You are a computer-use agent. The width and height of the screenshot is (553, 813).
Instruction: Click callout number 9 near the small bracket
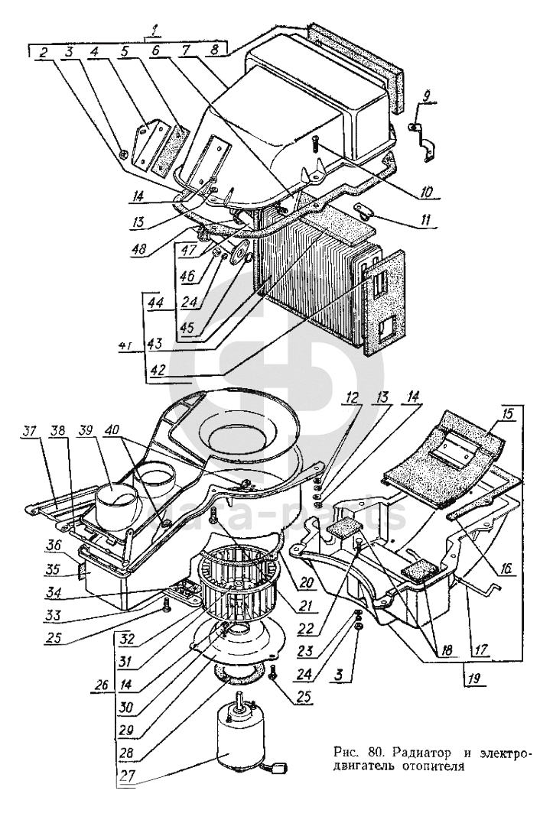point(425,96)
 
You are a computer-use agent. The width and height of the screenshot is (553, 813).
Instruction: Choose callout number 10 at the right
point(426,192)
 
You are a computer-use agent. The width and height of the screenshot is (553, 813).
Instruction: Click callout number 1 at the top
point(151,30)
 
